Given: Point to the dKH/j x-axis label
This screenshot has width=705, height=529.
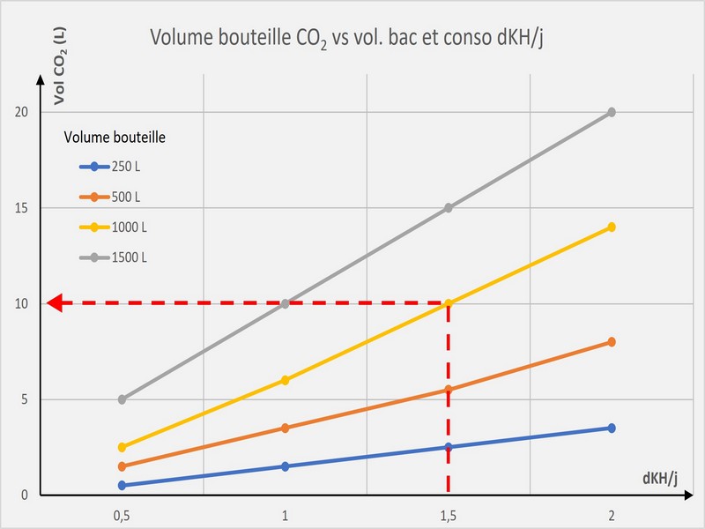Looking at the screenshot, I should click(x=660, y=478).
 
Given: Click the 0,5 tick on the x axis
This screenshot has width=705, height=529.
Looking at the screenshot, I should click(x=122, y=514).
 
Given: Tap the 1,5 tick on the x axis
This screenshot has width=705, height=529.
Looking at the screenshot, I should click(x=449, y=514).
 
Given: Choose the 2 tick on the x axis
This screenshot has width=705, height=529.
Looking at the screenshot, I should click(x=611, y=514).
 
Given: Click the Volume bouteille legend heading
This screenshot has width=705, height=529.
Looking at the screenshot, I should click(x=115, y=137).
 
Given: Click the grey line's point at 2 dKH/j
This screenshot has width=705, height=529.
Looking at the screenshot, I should click(x=611, y=112).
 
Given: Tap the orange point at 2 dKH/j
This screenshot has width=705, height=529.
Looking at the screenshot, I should click(x=611, y=342).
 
